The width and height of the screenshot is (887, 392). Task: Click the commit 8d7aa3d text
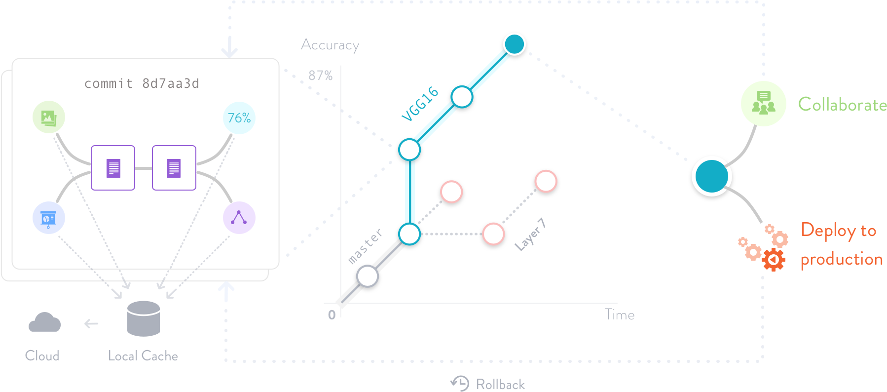(x=142, y=83)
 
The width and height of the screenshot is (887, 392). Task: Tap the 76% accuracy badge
(x=239, y=118)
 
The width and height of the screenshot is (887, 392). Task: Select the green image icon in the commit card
(x=49, y=118)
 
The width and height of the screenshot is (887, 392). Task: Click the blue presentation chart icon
(x=48, y=218)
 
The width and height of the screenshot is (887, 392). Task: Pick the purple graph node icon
(x=239, y=218)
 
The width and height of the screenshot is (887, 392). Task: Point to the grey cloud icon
(x=44, y=323)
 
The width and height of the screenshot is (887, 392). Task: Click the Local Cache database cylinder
(x=143, y=318)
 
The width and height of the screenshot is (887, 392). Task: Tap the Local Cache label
(x=143, y=356)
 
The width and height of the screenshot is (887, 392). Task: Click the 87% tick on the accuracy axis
(x=321, y=76)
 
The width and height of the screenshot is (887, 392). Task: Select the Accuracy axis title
(x=330, y=45)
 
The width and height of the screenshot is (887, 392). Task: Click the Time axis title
(x=620, y=315)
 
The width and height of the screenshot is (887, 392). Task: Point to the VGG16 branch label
(x=420, y=104)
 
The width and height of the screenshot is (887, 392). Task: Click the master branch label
(x=365, y=246)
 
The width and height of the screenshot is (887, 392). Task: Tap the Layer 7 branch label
(x=530, y=235)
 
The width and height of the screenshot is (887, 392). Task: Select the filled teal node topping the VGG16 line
(x=514, y=44)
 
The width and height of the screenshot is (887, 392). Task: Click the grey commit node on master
(x=368, y=276)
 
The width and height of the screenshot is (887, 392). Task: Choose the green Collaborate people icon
(x=763, y=104)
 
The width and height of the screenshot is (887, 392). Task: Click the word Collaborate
(x=842, y=105)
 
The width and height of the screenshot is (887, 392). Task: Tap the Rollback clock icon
(x=460, y=384)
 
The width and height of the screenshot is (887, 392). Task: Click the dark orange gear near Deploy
(x=773, y=259)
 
